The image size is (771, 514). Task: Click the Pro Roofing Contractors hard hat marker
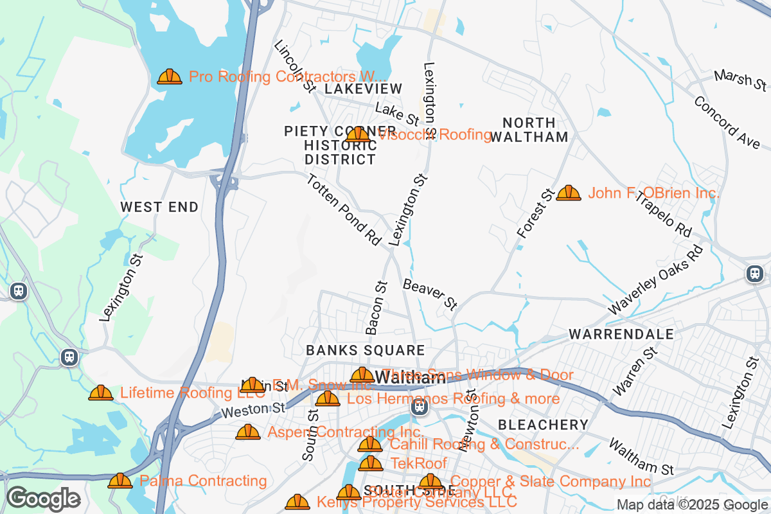click(170, 77)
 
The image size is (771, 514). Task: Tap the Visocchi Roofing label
click(434, 134)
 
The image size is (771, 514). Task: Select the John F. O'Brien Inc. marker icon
click(569, 193)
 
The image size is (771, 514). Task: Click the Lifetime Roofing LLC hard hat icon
click(101, 393)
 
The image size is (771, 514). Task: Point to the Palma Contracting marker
click(120, 481)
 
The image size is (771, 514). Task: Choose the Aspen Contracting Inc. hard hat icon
click(248, 432)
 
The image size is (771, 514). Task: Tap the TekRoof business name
click(418, 463)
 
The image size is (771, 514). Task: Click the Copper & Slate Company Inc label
click(551, 481)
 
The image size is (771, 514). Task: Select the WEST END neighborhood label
click(159, 207)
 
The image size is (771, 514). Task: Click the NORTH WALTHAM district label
click(529, 130)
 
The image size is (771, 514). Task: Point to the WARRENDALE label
click(621, 334)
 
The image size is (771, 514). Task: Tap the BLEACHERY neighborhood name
click(543, 425)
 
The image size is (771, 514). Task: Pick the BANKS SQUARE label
click(365, 350)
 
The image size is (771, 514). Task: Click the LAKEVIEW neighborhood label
click(363, 89)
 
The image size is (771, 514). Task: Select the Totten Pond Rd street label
click(344, 209)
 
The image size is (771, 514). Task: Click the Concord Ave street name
click(726, 123)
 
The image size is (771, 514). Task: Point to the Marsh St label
click(741, 80)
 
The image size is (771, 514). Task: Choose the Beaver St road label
click(430, 295)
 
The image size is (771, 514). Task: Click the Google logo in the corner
click(44, 499)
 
